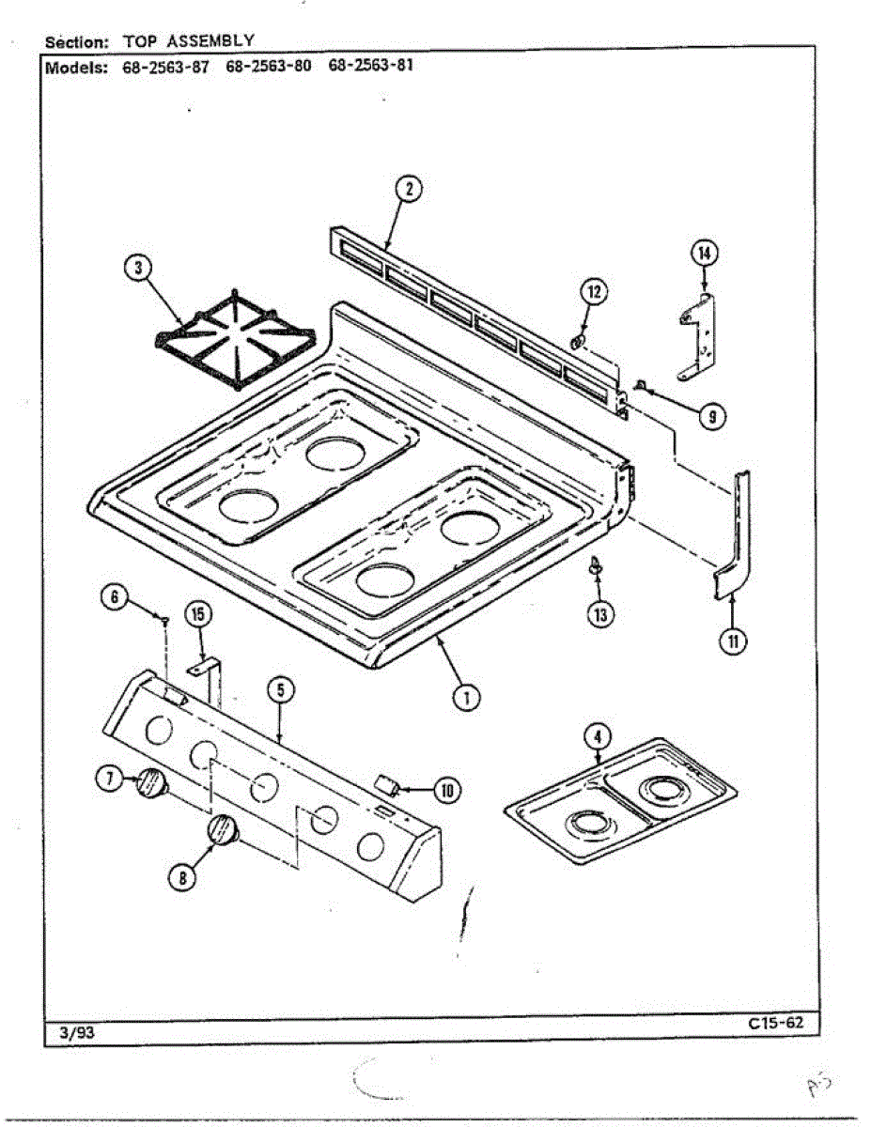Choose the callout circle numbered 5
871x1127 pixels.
[280, 690]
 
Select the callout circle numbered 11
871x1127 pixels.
[734, 641]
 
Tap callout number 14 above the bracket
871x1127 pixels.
[704, 252]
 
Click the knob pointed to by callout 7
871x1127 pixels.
[150, 782]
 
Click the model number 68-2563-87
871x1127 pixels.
[165, 67]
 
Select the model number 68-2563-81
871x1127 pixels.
[371, 67]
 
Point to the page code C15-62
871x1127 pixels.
[776, 1024]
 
